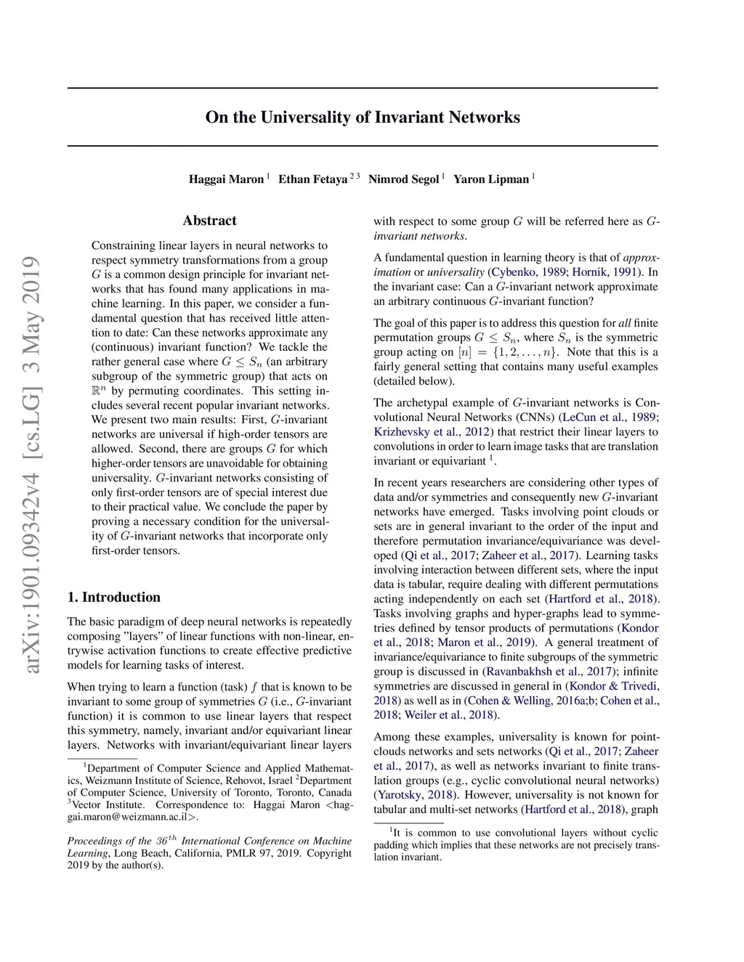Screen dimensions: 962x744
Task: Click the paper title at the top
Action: click(363, 118)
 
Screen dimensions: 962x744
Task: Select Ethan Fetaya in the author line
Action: click(313, 179)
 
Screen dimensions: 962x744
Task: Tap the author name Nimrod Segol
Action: click(403, 179)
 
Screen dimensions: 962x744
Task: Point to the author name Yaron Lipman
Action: click(491, 179)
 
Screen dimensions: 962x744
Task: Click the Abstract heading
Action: click(209, 221)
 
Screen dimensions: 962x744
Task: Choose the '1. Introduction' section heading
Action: click(114, 598)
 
